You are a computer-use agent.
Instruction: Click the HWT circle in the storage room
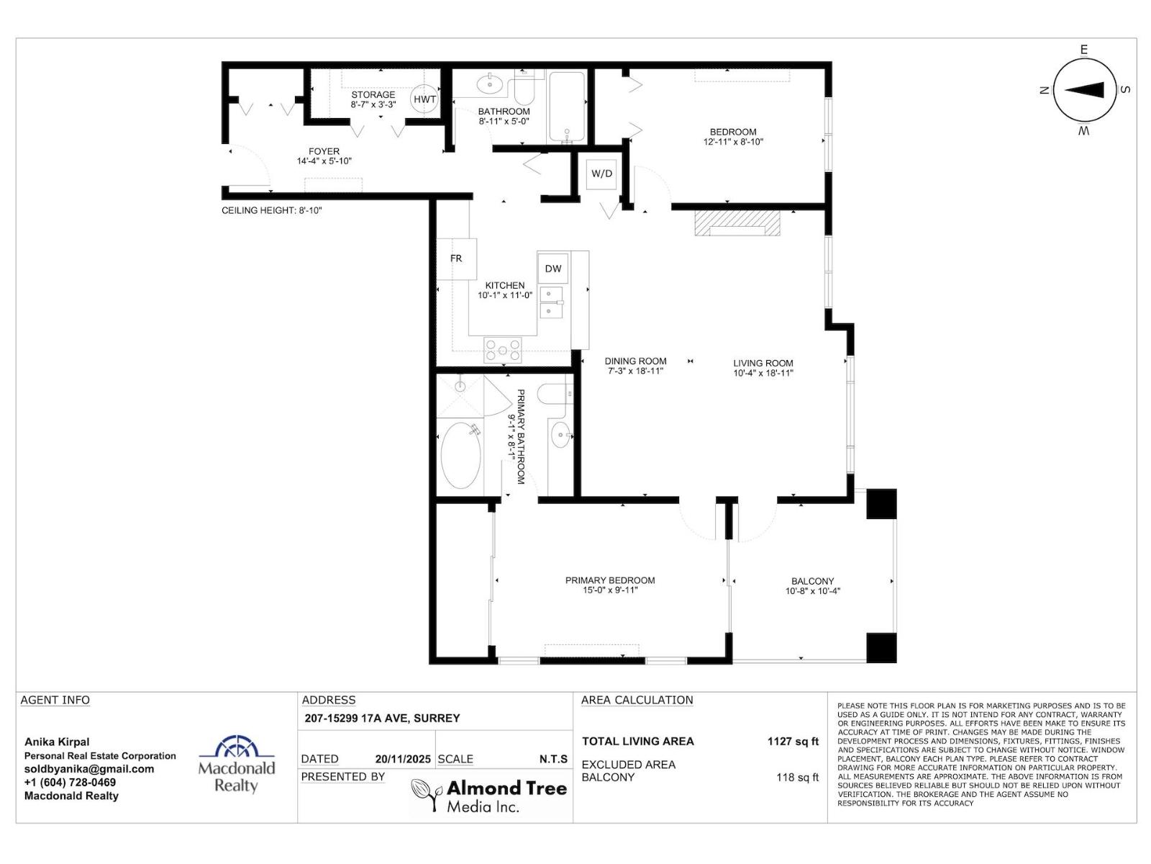pyautogui.click(x=424, y=99)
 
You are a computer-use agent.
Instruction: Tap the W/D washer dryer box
pyautogui.click(x=601, y=174)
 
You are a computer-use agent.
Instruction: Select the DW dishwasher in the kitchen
pyautogui.click(x=552, y=269)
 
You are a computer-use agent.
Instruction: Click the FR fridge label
pyautogui.click(x=456, y=258)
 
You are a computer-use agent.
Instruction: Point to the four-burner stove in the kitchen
pyautogui.click(x=503, y=349)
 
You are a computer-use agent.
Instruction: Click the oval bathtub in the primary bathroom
pyautogui.click(x=460, y=456)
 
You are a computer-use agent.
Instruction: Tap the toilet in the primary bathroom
pyautogui.click(x=555, y=394)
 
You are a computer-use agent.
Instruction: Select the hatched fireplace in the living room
pyautogui.click(x=737, y=222)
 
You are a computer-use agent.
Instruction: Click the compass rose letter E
pyautogui.click(x=1083, y=50)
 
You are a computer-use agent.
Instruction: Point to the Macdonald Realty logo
pyautogui.click(x=237, y=764)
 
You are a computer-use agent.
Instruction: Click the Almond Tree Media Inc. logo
pyautogui.click(x=489, y=796)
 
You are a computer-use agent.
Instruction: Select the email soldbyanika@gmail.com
pyautogui.click(x=89, y=769)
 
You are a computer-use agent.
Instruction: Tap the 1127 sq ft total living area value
pyautogui.click(x=792, y=742)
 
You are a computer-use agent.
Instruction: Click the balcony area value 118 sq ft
pyautogui.click(x=797, y=778)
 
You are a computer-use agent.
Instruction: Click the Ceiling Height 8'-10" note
pyautogui.click(x=271, y=210)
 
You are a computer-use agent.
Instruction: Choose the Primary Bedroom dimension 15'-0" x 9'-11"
pyautogui.click(x=610, y=590)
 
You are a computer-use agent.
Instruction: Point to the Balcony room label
pyautogui.click(x=812, y=581)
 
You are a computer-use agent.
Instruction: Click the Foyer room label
pyautogui.click(x=324, y=151)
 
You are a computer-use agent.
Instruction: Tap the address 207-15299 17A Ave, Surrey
pyautogui.click(x=382, y=718)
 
